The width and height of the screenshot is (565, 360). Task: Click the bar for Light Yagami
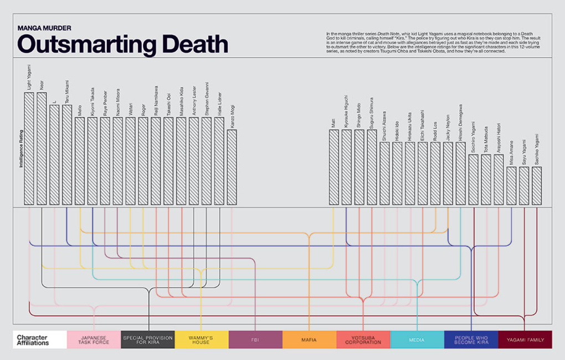29,148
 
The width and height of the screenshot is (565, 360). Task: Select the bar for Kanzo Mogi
232,167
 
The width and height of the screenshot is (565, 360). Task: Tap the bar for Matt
333,167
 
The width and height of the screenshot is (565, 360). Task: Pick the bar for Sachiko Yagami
537,186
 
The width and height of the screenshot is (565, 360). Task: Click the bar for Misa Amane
511,186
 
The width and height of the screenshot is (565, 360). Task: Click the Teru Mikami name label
67,92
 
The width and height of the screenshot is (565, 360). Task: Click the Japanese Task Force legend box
94,340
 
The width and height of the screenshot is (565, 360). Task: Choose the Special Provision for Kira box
148,340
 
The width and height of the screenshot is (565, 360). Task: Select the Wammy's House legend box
202,340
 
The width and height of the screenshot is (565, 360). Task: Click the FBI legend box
255,340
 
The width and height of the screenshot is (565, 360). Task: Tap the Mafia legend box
309,340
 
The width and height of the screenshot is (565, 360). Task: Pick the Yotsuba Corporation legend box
363,340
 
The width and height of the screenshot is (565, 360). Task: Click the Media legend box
417,340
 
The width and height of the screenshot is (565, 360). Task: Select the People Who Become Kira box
471,340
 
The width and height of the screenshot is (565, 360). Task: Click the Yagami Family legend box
525,340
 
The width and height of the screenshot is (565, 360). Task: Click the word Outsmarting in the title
81,44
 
